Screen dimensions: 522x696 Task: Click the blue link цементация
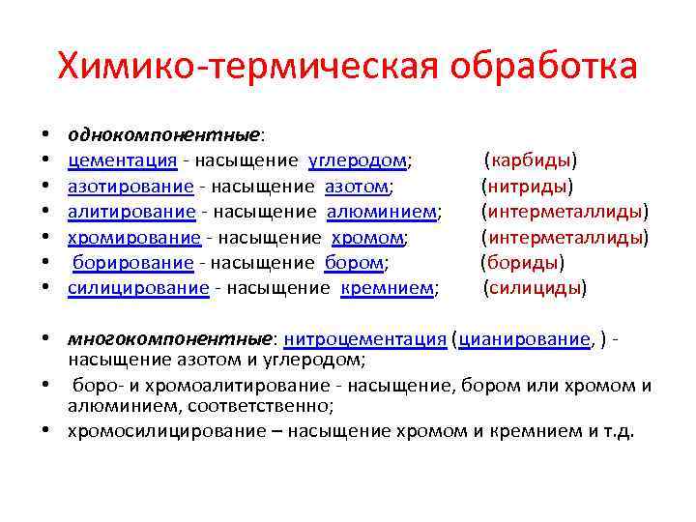point(122,159)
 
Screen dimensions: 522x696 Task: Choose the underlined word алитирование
point(131,211)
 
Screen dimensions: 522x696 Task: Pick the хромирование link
point(133,237)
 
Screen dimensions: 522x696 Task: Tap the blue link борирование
point(132,262)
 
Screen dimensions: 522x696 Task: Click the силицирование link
point(138,287)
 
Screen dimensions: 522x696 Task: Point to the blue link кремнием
point(388,287)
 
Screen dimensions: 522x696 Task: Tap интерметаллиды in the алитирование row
point(565,211)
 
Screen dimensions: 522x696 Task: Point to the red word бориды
point(523,262)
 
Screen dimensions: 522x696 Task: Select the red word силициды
point(535,287)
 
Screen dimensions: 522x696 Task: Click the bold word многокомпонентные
point(170,339)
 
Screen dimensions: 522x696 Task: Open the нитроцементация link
point(364,339)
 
